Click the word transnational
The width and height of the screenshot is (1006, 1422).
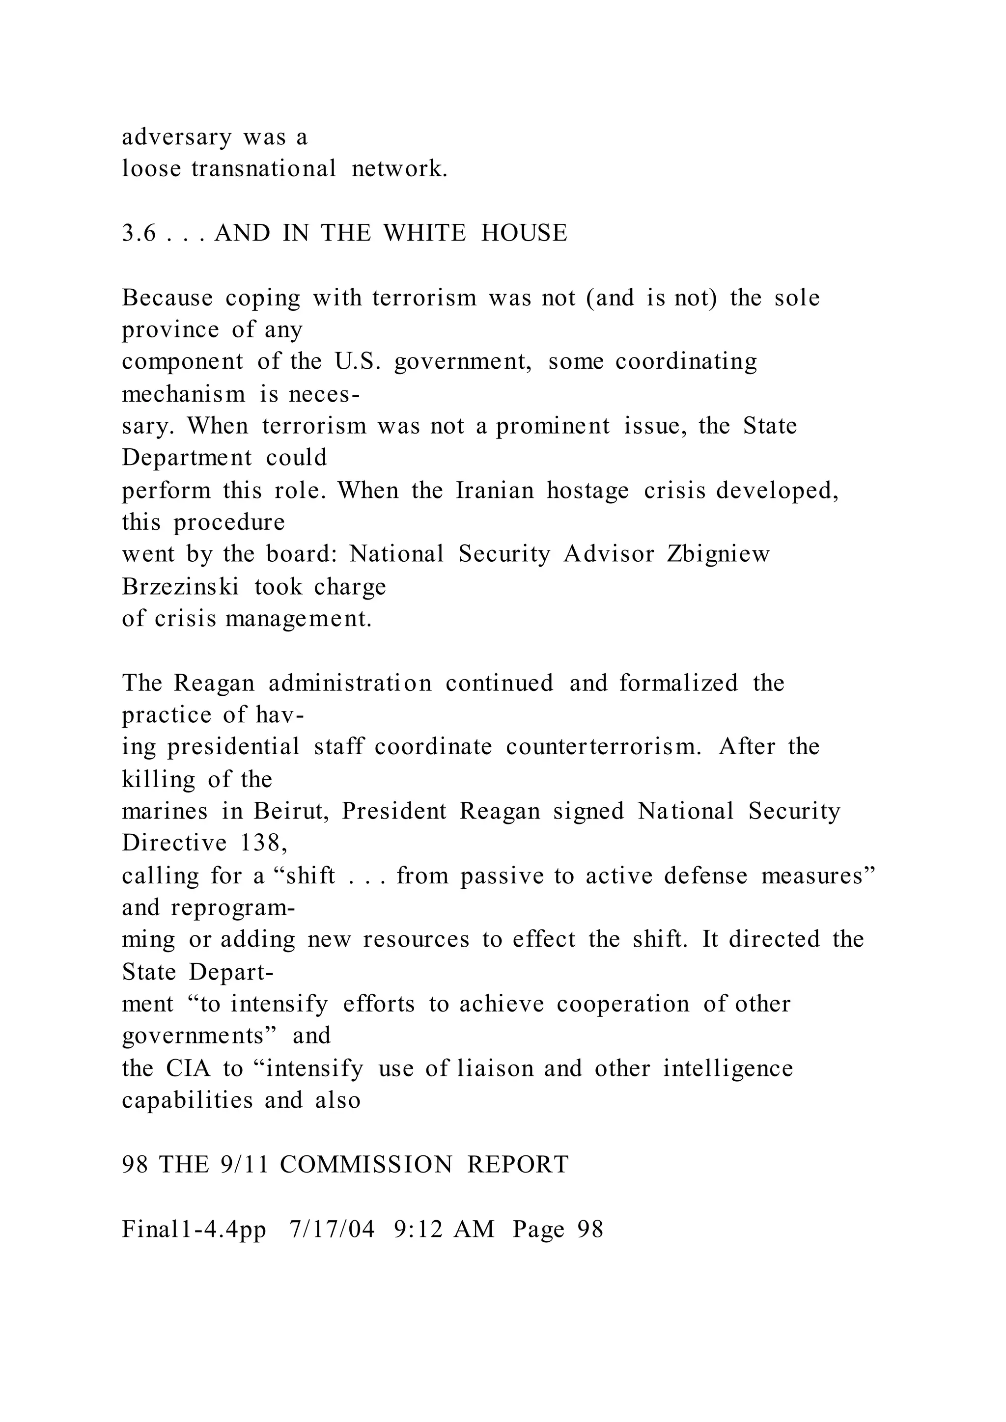(x=264, y=169)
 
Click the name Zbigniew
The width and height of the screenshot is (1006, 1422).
(x=718, y=554)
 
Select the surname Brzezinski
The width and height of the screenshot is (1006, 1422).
(x=180, y=586)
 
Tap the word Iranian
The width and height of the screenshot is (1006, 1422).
(x=495, y=491)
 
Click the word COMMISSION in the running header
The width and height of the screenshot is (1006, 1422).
(x=366, y=1165)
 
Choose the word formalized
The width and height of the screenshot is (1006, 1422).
(x=678, y=683)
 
